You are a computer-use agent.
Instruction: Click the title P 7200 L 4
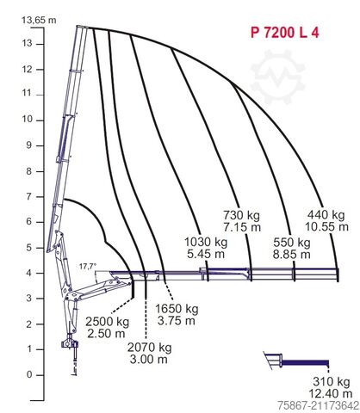click(x=284, y=33)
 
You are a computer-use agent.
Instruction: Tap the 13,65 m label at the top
click(x=39, y=20)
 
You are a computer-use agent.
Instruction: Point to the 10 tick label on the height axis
click(x=28, y=119)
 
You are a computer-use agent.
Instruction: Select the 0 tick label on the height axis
click(x=29, y=374)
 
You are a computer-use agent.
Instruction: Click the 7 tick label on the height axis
click(x=29, y=196)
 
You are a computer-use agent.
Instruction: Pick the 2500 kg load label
click(x=107, y=322)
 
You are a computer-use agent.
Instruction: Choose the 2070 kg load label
click(x=149, y=348)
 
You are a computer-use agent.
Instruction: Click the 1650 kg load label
click(x=177, y=309)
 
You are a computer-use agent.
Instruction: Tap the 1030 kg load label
click(x=206, y=242)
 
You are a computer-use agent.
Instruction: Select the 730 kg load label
click(x=241, y=215)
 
